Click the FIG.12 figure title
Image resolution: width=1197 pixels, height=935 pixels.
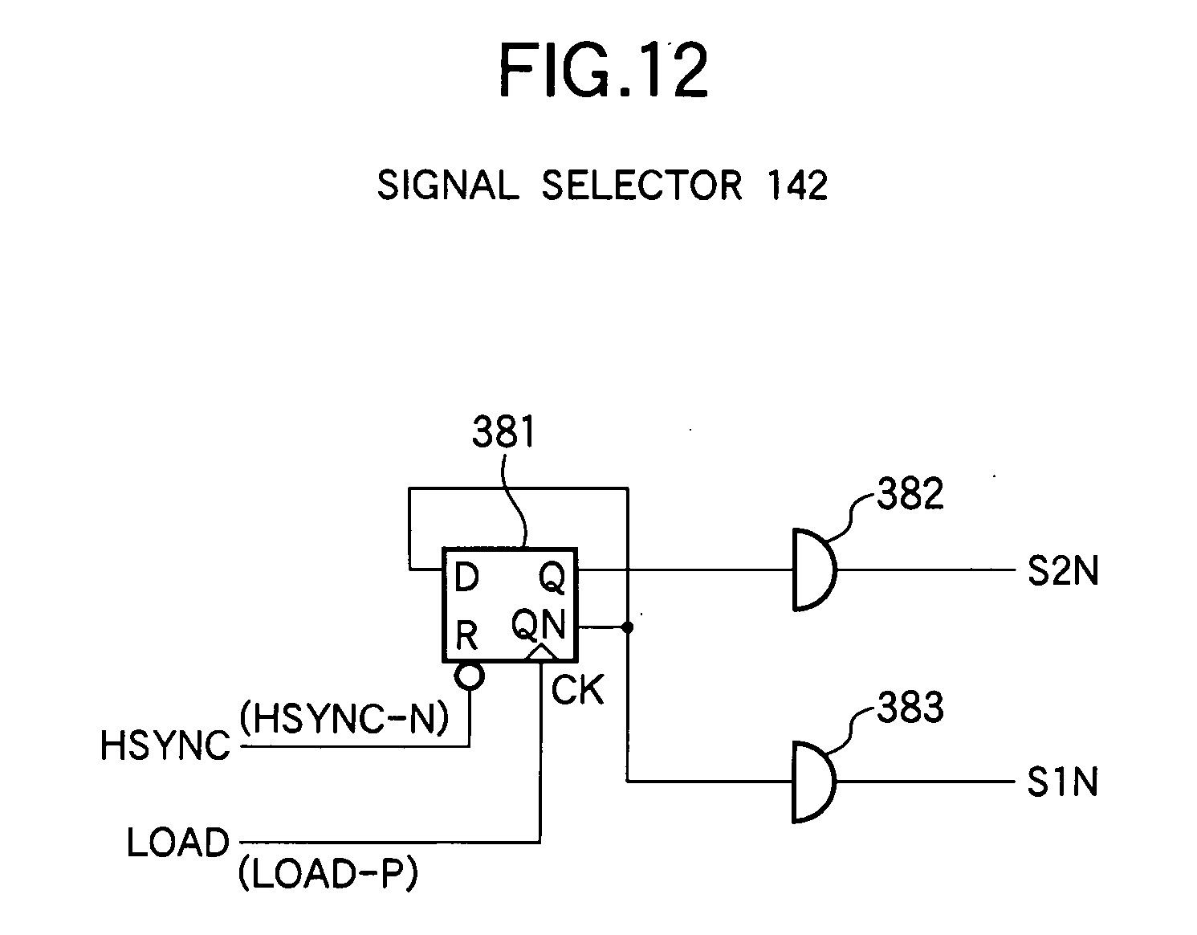pos(603,71)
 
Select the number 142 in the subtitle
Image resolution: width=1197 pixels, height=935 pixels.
pos(796,186)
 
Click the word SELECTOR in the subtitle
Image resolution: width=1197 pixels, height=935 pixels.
pos(641,186)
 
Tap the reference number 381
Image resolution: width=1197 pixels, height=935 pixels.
pos(503,433)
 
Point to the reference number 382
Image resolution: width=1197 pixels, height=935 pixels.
pos(910,494)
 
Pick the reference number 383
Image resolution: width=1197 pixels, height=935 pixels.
pos(910,708)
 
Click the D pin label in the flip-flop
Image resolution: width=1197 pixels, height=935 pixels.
pos(466,577)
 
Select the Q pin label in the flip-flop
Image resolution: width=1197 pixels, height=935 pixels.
pos(552,577)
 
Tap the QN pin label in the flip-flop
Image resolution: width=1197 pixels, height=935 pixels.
pos(539,624)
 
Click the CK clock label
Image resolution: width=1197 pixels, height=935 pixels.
pos(577,690)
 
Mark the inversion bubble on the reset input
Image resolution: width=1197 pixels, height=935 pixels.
pos(469,676)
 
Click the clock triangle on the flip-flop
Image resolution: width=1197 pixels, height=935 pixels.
pos(541,653)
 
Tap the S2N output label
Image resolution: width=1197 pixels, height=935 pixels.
pos(1062,572)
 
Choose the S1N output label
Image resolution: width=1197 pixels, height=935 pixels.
pos(1062,782)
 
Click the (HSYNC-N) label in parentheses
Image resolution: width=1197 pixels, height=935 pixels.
pos(344,718)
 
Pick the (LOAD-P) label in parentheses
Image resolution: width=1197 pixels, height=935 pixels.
pos(328,875)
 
